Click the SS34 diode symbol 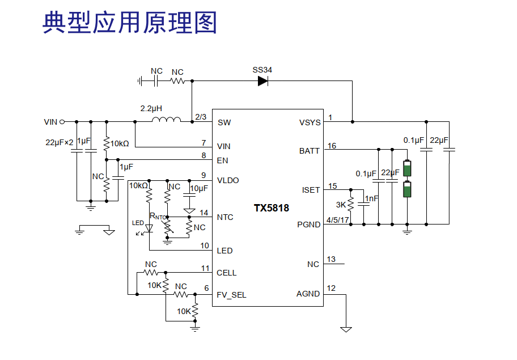click(263, 81)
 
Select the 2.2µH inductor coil click(166, 120)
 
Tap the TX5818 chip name click(272, 207)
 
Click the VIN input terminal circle click(62, 122)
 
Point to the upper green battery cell click(407, 168)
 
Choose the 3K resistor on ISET click(350, 204)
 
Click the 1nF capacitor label click(372, 198)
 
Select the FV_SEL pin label click(231, 295)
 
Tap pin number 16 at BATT click(332, 146)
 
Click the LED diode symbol click(149, 228)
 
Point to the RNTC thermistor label click(158, 216)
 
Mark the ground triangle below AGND click(346, 329)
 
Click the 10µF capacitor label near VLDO click(199, 188)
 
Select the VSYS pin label click(310, 122)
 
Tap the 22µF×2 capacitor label click(60, 142)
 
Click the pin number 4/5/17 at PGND click(338, 220)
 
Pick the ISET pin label click(311, 190)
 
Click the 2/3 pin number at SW click(201, 117)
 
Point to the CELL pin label click(227, 273)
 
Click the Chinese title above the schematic click(130, 23)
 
